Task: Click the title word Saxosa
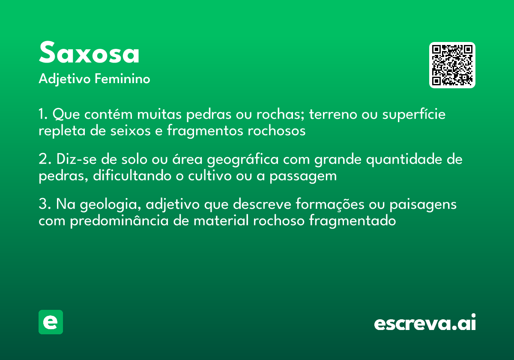(89, 52)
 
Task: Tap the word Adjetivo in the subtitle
(65, 79)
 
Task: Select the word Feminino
(123, 78)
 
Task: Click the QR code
(452, 65)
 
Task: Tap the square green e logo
(51, 322)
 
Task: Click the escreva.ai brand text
(425, 322)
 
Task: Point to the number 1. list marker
(43, 114)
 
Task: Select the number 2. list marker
(45, 159)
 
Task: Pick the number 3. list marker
(45, 204)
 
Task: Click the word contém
(108, 114)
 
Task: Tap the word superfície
(414, 114)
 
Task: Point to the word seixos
(131, 131)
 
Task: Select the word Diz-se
(77, 159)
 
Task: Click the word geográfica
(243, 159)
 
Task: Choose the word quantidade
(404, 159)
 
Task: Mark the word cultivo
(210, 176)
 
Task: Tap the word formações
(330, 204)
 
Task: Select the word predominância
(120, 221)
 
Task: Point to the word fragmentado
(353, 221)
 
